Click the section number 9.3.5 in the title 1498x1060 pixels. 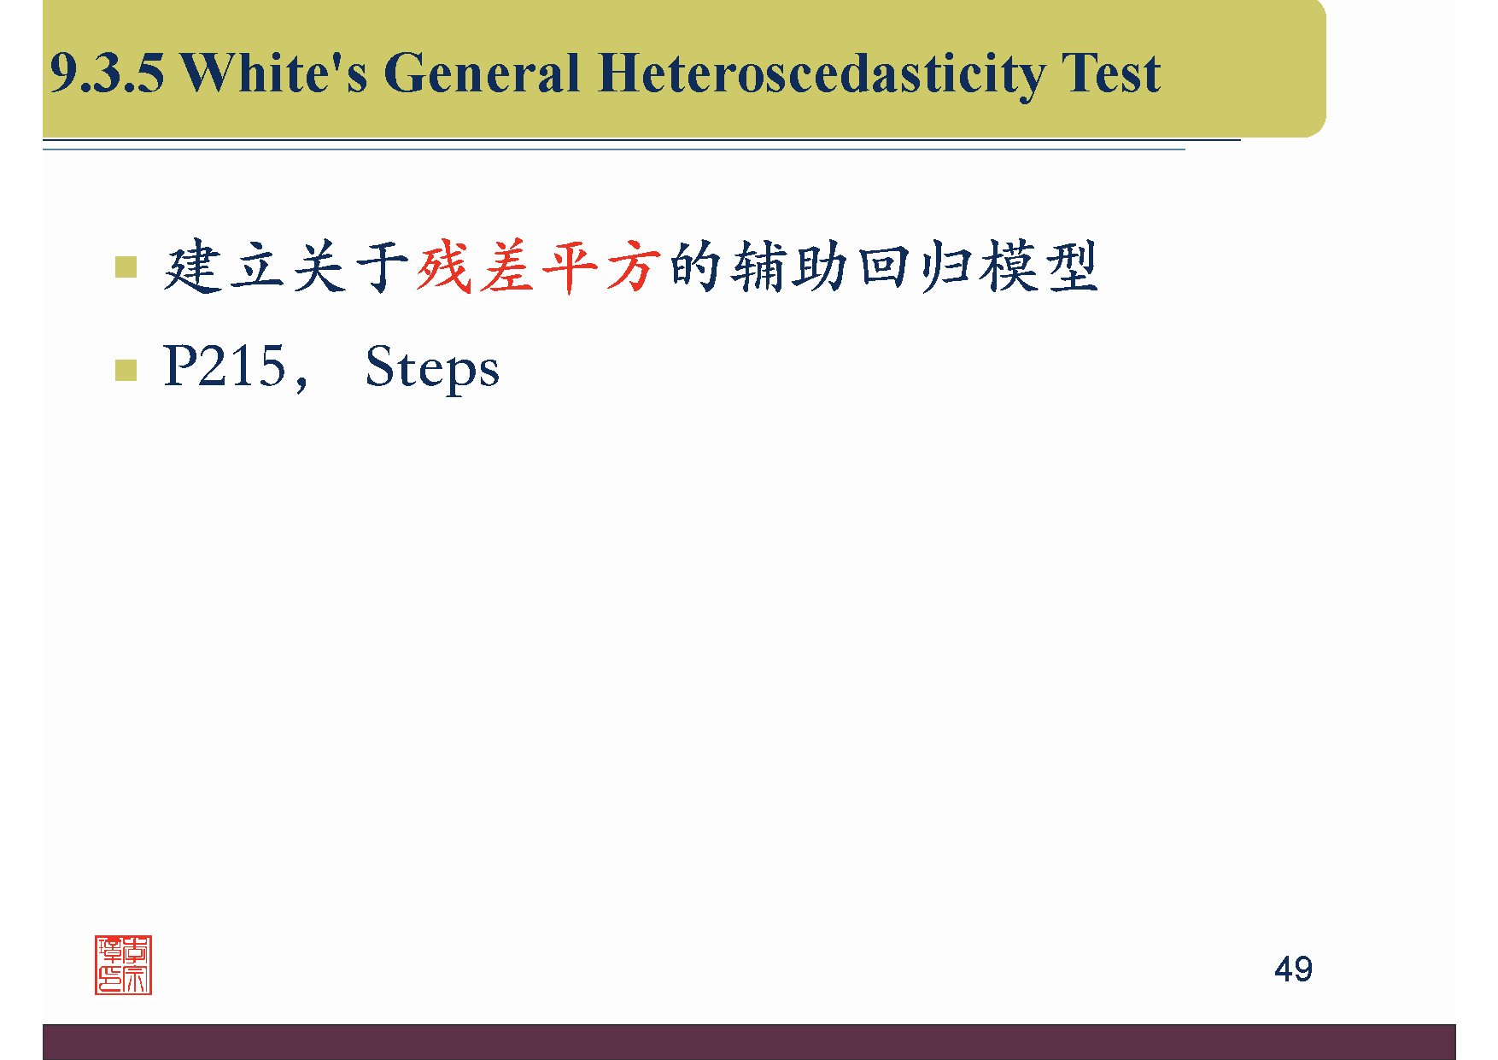pyautogui.click(x=107, y=73)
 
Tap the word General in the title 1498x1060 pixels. pyautogui.click(x=483, y=73)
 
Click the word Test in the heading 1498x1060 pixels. pyautogui.click(x=1111, y=73)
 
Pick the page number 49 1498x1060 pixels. pyautogui.click(x=1293, y=969)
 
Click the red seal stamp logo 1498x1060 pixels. pyautogui.click(x=123, y=965)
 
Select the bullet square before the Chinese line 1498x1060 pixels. pyautogui.click(x=126, y=267)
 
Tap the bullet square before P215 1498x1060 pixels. pyautogui.click(x=126, y=370)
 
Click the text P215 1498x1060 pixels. pyautogui.click(x=225, y=366)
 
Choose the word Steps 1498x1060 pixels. pyautogui.click(x=432, y=369)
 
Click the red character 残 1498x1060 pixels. pyautogui.click(x=444, y=267)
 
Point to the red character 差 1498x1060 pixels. pyautogui.click(x=507, y=267)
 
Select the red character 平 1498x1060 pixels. pyautogui.click(x=571, y=267)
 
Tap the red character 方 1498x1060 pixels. pyautogui.click(x=634, y=267)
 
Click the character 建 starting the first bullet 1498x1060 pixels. pyautogui.click(x=191, y=267)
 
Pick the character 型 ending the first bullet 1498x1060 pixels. pyautogui.click(x=1071, y=267)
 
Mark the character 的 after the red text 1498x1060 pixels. pyautogui.click(x=696, y=267)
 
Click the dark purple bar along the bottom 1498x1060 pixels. pyautogui.click(x=749, y=1042)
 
